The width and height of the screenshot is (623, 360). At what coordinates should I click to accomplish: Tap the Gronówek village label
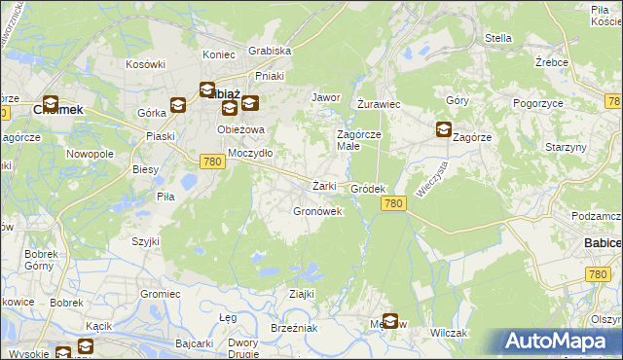coord(316,210)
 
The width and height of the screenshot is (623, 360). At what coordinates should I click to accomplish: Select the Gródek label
coord(369,189)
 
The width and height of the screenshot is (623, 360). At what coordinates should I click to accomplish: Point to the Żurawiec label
coord(379,103)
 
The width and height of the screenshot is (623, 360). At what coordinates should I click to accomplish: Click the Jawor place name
coord(324,98)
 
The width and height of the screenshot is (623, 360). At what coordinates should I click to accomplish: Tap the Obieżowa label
coord(242,130)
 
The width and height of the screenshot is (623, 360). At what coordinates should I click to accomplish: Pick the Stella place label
coord(497,38)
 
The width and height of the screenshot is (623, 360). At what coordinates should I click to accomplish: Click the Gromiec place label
coord(160,293)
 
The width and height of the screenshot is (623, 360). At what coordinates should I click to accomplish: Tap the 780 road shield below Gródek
coord(392,202)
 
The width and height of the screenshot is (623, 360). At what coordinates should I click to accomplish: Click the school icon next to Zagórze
coord(443,128)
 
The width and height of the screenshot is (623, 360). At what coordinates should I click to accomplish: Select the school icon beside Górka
coord(178,105)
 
